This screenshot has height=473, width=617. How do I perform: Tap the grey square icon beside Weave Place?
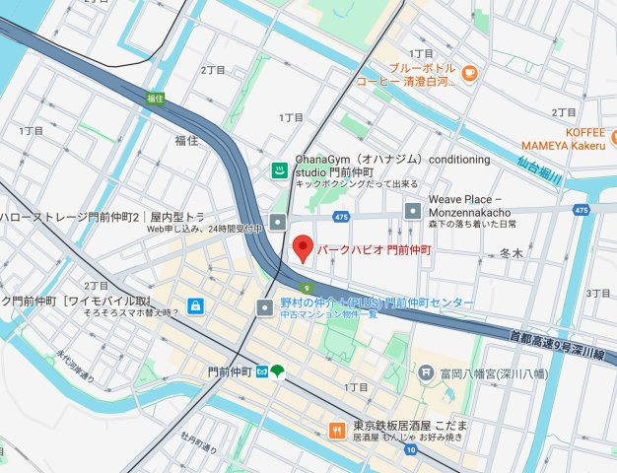413,209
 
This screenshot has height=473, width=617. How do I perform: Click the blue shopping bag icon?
195,304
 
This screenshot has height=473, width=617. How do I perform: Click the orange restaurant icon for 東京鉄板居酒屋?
336,429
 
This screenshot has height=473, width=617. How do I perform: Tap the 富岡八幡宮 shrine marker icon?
425,372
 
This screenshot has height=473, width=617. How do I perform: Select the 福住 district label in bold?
187,140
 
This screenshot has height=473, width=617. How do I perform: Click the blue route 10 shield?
411,449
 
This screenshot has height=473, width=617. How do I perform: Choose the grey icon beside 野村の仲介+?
263,308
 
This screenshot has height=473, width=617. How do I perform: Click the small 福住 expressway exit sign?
154,98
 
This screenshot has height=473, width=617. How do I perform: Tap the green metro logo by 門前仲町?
279,372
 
